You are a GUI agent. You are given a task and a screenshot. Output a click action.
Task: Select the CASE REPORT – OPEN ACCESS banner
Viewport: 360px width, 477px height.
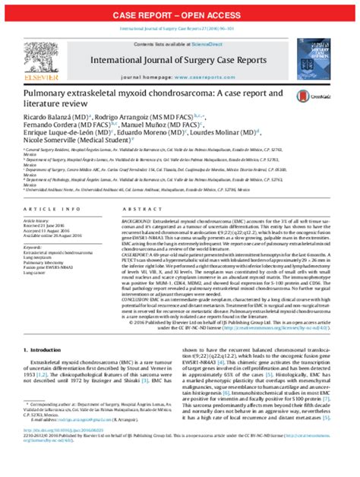[179, 14]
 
